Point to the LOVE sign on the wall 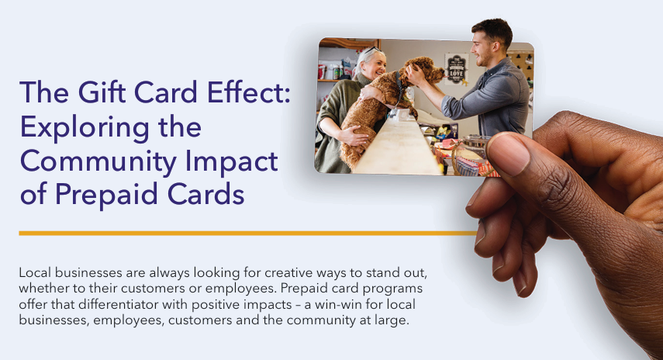click(456, 65)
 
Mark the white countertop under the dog click(396, 147)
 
